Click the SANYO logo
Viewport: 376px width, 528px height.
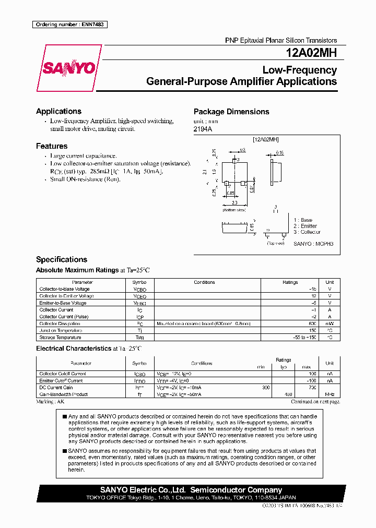tap(68, 68)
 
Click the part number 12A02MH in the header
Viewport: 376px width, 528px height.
tap(311, 53)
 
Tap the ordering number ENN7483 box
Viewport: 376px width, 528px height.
tap(69, 25)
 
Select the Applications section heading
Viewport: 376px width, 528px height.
tap(58, 111)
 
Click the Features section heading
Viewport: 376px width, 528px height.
tap(52, 146)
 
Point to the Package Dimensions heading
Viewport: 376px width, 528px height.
tap(231, 112)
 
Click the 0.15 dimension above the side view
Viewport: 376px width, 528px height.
tap(279, 153)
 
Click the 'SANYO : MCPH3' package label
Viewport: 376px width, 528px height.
tap(313, 244)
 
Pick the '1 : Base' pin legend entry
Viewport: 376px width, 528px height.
tap(304, 220)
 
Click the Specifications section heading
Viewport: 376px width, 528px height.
tap(61, 259)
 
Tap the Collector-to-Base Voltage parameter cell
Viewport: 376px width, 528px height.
tap(64, 289)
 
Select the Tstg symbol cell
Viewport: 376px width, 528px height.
tap(139, 338)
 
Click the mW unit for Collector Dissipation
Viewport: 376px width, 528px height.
tap(330, 323)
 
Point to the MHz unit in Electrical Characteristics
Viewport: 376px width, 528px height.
tap(330, 394)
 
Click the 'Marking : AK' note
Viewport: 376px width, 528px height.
tap(50, 402)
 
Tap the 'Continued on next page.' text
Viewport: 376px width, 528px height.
tap(315, 402)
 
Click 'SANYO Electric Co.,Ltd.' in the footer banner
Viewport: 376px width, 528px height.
tap(143, 490)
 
